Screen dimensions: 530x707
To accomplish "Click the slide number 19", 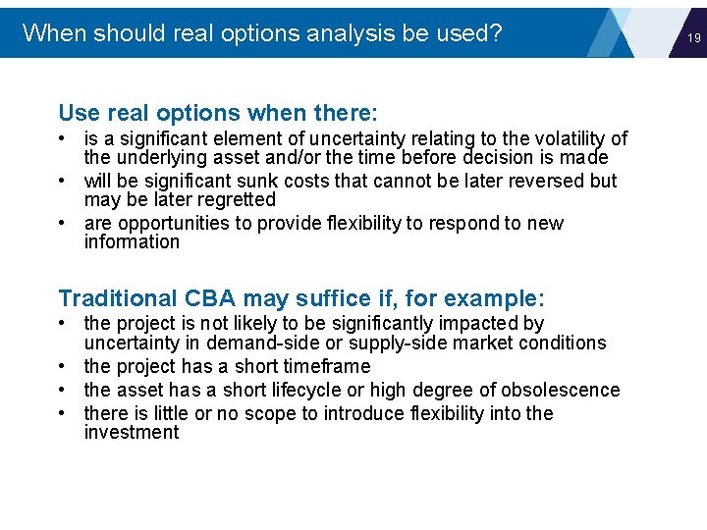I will pyautogui.click(x=693, y=38).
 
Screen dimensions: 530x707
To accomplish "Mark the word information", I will pyautogui.click(x=132, y=242).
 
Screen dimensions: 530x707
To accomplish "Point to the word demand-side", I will pyautogui.click(x=299, y=344).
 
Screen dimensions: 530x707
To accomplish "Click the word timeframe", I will pyautogui.click(x=323, y=367).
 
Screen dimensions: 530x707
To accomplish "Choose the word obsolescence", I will pyautogui.click(x=561, y=391).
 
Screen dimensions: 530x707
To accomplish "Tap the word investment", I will pyautogui.click(x=131, y=433).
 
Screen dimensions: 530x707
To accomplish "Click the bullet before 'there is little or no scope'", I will pyautogui.click(x=63, y=413).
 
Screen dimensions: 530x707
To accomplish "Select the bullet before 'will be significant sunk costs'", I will pyautogui.click(x=63, y=182).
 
